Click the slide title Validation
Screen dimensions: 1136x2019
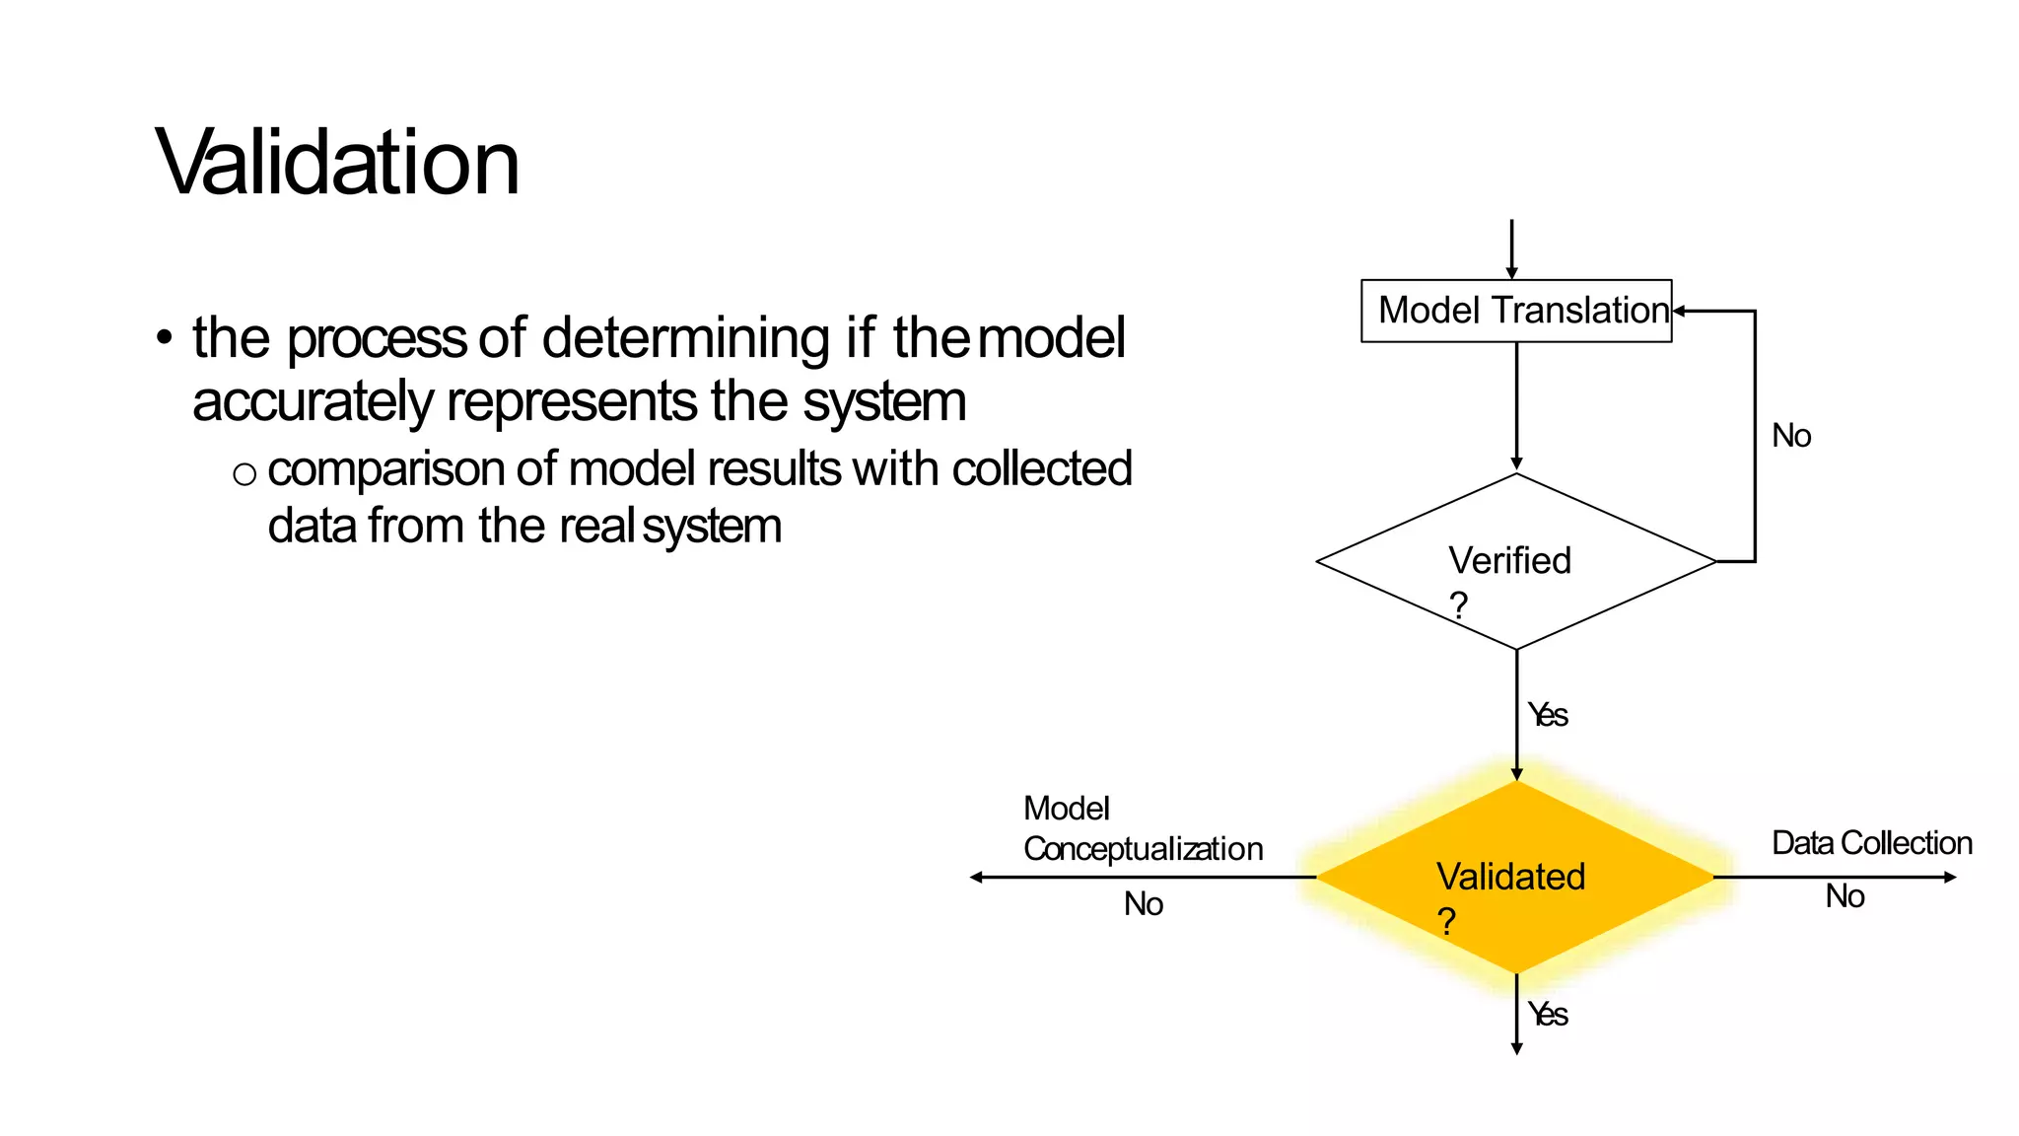(x=337, y=163)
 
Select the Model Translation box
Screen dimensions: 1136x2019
(x=1515, y=311)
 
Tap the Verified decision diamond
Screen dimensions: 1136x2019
(x=1515, y=561)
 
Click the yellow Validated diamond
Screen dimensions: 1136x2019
(x=1515, y=877)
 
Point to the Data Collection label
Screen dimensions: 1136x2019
(x=1871, y=843)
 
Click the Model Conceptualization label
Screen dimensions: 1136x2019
(x=1142, y=828)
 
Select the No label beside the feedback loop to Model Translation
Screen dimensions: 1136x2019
(x=1791, y=436)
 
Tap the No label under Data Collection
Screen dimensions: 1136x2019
(x=1845, y=896)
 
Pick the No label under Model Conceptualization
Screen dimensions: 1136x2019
(x=1144, y=904)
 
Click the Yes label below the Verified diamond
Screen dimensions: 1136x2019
(x=1548, y=715)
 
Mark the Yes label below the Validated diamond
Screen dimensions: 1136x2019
(x=1548, y=1015)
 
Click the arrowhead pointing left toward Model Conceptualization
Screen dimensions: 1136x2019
(x=976, y=877)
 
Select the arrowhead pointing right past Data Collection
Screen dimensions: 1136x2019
(x=1950, y=877)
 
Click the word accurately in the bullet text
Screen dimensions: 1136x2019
(x=313, y=402)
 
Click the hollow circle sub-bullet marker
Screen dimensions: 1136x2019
(x=244, y=475)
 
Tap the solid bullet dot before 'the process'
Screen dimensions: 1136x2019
(x=165, y=337)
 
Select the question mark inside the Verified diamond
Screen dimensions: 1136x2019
(x=1459, y=603)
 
